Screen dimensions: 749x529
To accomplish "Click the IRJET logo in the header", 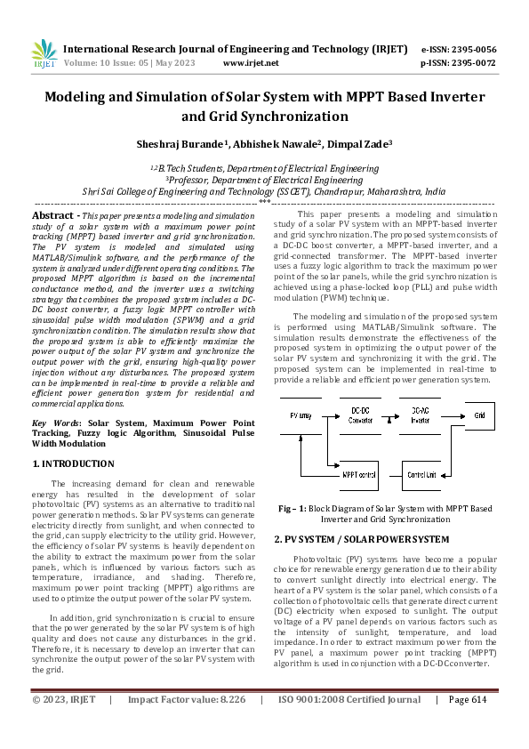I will pos(44,55).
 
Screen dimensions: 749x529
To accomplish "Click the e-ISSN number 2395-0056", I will pos(472,49).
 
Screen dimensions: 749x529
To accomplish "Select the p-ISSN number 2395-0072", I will pos(472,63).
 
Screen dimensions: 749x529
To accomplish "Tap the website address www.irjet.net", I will pos(251,63).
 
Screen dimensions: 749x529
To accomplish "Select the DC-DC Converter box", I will pos(361,415).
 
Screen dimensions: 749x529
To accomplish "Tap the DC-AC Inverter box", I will pos(421,415).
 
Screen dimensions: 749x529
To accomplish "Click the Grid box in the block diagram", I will pos(479,415).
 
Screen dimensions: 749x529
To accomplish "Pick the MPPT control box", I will pos(360,475).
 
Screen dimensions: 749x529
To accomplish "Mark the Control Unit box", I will pos(421,475).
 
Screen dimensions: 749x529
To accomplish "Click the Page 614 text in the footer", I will pos(468,724).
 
